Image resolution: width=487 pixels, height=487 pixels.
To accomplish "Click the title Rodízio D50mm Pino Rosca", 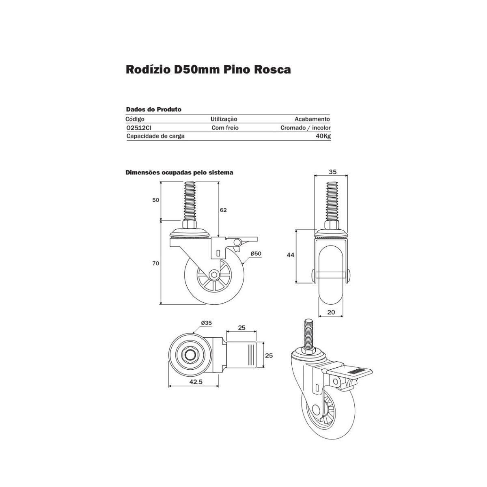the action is pyautogui.click(x=208, y=70).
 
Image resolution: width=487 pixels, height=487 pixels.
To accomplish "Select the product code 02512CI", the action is pyautogui.click(x=139, y=128).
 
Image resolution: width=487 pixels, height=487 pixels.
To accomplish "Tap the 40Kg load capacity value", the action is pyautogui.click(x=323, y=136).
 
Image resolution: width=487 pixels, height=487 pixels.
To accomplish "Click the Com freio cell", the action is pyautogui.click(x=225, y=128).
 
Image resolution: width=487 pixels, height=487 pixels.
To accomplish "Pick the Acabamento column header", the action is pyautogui.click(x=312, y=119).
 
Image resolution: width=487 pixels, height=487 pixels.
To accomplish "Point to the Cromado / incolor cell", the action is pyautogui.click(x=305, y=128).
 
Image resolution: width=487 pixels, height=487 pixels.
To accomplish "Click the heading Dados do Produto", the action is pyautogui.click(x=154, y=110).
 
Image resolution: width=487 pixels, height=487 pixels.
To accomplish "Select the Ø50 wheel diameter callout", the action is pyautogui.click(x=256, y=254).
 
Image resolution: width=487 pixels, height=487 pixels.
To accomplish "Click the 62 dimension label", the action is pyautogui.click(x=223, y=210).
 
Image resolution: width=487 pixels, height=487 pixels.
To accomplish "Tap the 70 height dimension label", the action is pyautogui.click(x=156, y=263).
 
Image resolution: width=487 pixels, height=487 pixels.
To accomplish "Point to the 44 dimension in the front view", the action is pyautogui.click(x=291, y=255).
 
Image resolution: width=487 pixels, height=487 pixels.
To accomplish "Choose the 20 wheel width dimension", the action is pyautogui.click(x=331, y=312).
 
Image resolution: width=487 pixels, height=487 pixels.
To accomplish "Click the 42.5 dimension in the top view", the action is pyautogui.click(x=196, y=381).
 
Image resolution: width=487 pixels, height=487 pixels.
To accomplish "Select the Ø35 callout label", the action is pyautogui.click(x=207, y=323).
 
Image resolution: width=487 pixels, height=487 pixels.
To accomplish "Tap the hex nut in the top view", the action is pyautogui.click(x=189, y=356).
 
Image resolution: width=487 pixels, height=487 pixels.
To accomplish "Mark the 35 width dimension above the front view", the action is pyautogui.click(x=333, y=172).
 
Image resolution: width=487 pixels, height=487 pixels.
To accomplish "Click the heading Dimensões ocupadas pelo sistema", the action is pyautogui.click(x=179, y=172).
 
